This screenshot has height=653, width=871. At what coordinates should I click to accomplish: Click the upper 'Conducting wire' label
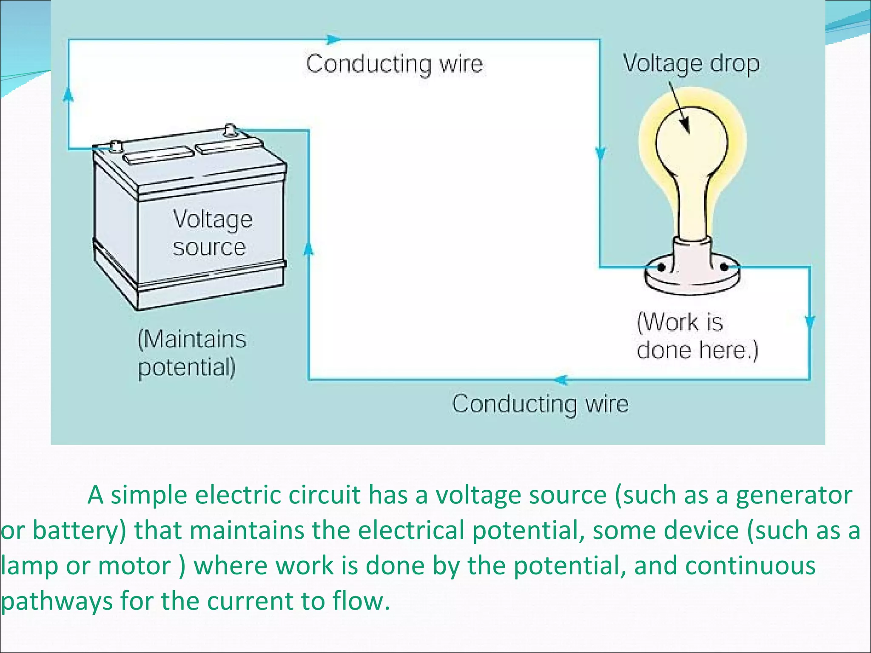pyautogui.click(x=394, y=64)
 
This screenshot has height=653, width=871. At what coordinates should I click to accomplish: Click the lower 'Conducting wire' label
pyautogui.click(x=540, y=404)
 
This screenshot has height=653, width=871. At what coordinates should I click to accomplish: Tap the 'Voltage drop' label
pyautogui.click(x=691, y=64)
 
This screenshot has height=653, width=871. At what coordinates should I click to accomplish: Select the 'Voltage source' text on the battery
pyautogui.click(x=211, y=233)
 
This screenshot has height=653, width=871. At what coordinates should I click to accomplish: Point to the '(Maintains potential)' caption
pyautogui.click(x=192, y=353)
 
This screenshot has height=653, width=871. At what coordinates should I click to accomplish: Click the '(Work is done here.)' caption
pyautogui.click(x=697, y=336)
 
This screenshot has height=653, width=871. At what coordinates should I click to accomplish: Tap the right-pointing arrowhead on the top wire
pyautogui.click(x=333, y=40)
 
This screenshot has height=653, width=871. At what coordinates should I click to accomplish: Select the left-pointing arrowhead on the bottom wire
pyautogui.click(x=561, y=380)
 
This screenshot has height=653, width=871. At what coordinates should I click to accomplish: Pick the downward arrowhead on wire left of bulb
pyautogui.click(x=601, y=153)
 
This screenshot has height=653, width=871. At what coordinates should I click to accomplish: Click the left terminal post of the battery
pyautogui.click(x=115, y=146)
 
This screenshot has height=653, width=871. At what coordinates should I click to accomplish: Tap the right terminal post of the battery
pyautogui.click(x=230, y=128)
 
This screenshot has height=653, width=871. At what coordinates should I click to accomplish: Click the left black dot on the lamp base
pyautogui.click(x=662, y=267)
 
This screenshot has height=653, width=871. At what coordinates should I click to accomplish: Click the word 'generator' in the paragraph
pyautogui.click(x=794, y=496)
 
